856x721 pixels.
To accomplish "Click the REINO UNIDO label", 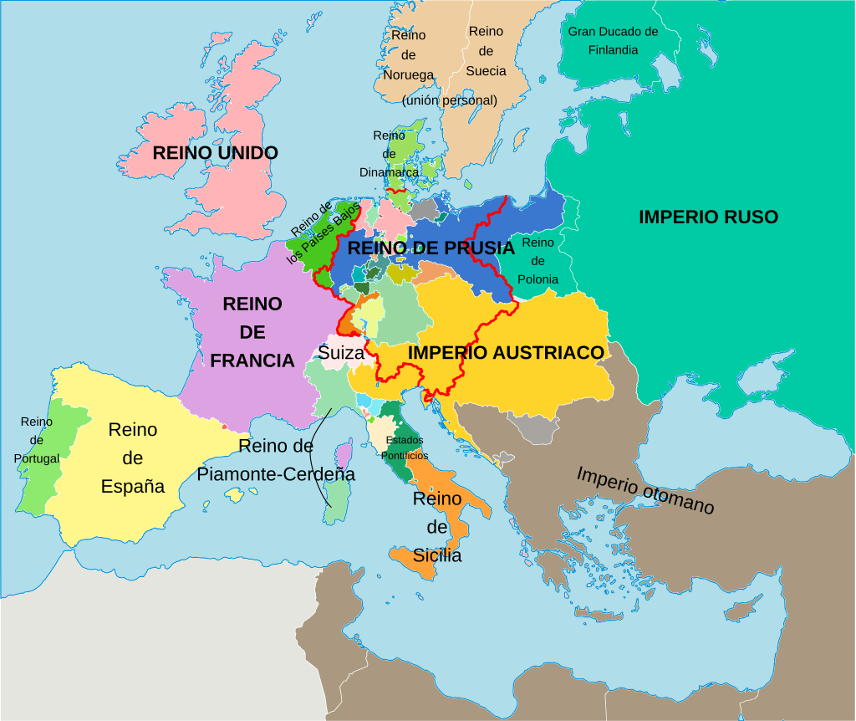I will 215,153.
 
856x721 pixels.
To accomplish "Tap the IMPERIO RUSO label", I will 708,217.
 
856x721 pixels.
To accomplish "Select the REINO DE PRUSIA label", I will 431,248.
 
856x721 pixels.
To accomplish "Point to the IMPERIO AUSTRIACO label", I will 506,353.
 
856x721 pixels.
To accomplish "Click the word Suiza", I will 341,353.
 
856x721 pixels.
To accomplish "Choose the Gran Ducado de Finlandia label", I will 613,40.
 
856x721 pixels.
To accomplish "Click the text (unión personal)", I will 449,100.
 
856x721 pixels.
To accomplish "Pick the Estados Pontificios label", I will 405,447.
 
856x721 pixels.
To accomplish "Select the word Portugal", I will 37,458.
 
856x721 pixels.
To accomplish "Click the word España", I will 133,486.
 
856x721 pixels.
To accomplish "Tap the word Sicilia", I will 437,555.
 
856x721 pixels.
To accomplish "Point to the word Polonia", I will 538,279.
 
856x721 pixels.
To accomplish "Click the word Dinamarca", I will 389,172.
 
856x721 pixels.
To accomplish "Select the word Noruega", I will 409,74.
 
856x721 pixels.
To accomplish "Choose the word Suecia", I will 486,71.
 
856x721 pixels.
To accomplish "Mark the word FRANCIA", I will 252,360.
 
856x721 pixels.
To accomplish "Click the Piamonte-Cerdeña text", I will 276,474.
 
